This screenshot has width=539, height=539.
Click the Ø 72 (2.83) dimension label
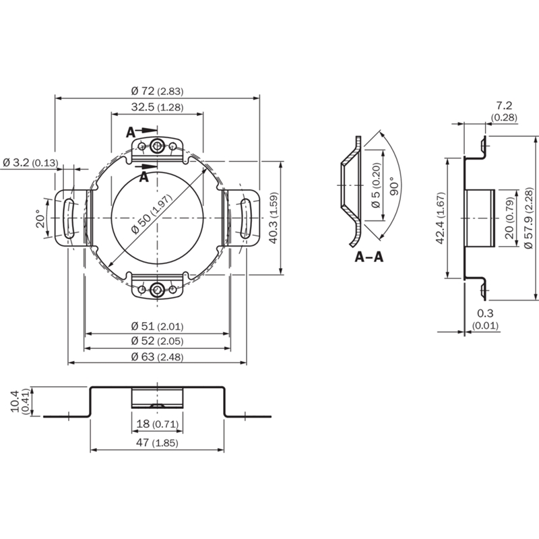(x=157, y=91)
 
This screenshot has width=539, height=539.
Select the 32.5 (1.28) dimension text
(x=157, y=107)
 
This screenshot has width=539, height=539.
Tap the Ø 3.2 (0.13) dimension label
(x=30, y=162)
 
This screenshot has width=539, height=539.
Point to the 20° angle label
(x=40, y=218)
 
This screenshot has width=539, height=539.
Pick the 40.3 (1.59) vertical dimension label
(x=274, y=218)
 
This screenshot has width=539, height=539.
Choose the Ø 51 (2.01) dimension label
(x=157, y=326)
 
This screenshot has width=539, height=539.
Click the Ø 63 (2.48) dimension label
(x=157, y=356)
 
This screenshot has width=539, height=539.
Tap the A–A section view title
(x=369, y=257)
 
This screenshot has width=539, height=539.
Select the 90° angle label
(x=395, y=186)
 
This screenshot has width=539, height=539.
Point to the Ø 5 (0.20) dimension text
(x=377, y=185)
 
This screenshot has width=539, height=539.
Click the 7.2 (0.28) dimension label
(x=504, y=111)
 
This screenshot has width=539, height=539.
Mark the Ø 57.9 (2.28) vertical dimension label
(x=528, y=218)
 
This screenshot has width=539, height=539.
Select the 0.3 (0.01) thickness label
(x=485, y=319)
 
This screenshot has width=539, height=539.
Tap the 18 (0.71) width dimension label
(x=158, y=424)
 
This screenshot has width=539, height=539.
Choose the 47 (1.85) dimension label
(x=157, y=443)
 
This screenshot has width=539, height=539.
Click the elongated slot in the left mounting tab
(x=69, y=218)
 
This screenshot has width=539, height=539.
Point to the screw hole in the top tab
(x=158, y=146)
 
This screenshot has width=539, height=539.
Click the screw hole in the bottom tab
(x=158, y=289)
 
